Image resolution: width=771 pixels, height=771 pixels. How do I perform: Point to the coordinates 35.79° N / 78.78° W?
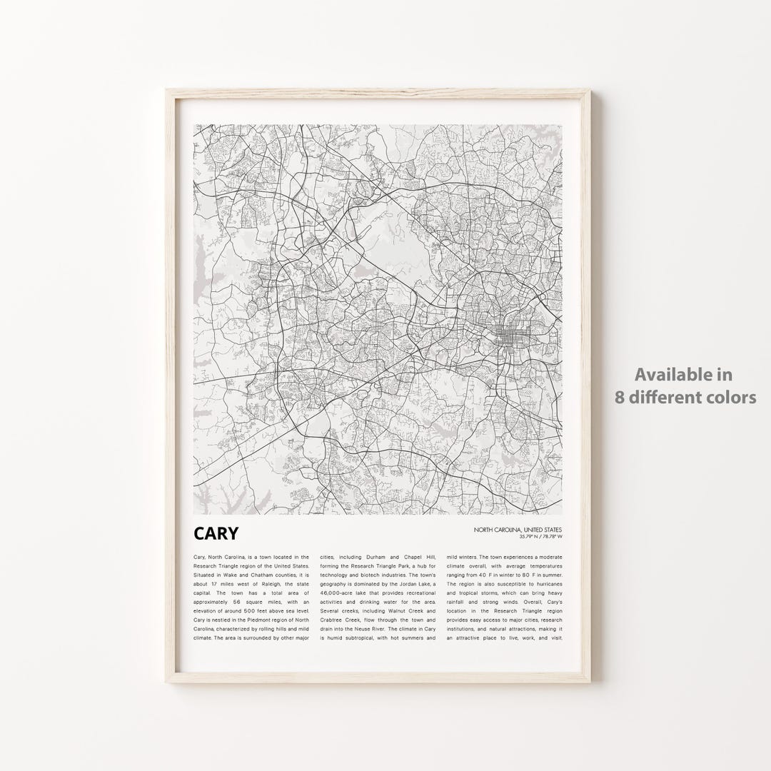(x=541, y=536)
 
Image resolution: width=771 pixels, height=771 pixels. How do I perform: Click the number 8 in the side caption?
(x=620, y=397)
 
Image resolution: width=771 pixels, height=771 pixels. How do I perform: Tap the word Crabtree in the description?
(x=336, y=621)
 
